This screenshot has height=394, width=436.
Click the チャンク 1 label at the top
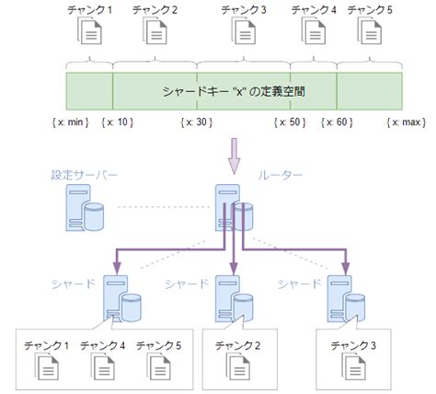tap(88, 10)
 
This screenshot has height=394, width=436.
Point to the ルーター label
tap(279, 173)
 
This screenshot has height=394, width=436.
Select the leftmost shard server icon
tap(122, 298)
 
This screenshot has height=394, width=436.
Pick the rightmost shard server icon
tap(343, 298)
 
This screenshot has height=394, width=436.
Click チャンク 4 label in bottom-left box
tap(101, 345)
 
